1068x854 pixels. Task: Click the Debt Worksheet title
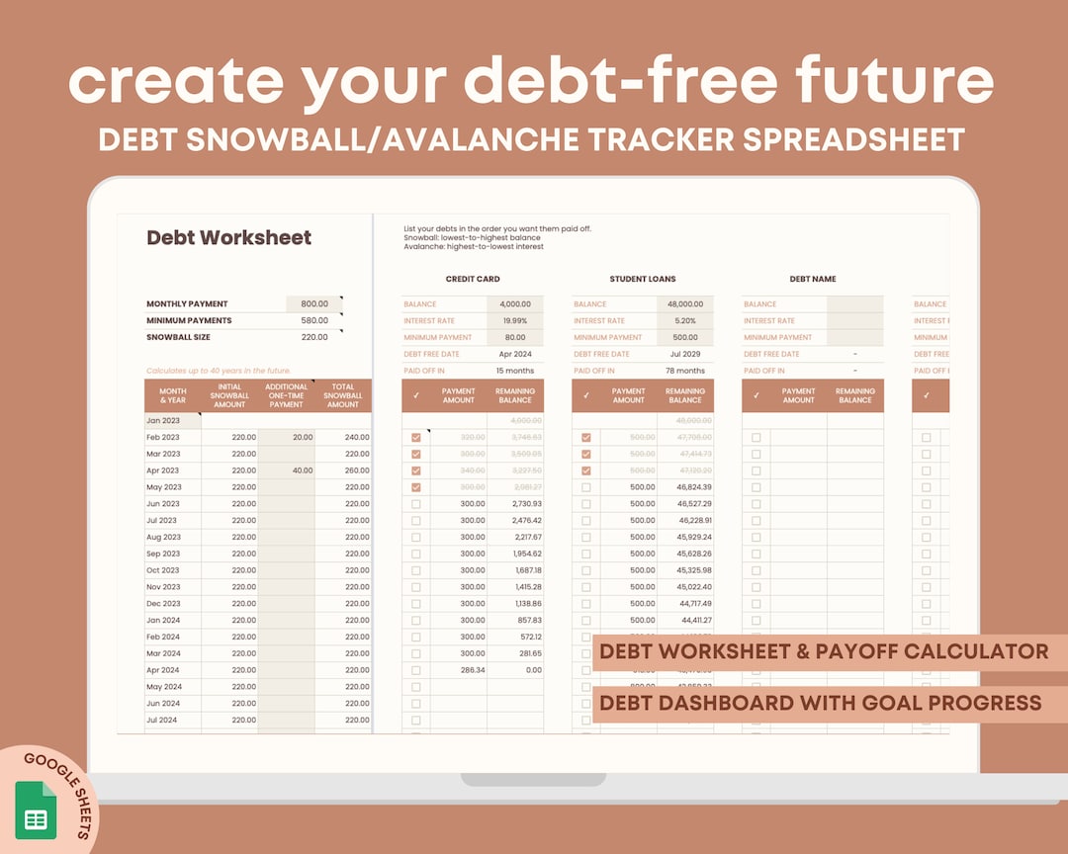pyautogui.click(x=228, y=238)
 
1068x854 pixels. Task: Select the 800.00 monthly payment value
pyautogui.click(x=313, y=304)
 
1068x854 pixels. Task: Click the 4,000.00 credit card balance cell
pyautogui.click(x=514, y=304)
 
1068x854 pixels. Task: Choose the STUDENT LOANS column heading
pyautogui.click(x=643, y=279)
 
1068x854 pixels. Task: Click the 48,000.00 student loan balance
pyautogui.click(x=684, y=304)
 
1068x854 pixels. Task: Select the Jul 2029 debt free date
pyautogui.click(x=684, y=354)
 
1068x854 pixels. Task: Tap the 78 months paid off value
pyautogui.click(x=684, y=371)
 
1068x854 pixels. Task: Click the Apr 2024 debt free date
pyautogui.click(x=514, y=354)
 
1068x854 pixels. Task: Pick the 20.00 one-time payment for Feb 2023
pyautogui.click(x=302, y=437)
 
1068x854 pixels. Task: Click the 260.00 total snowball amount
pyautogui.click(x=356, y=470)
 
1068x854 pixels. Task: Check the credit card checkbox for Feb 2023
pyautogui.click(x=415, y=437)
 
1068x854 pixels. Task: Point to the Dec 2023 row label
pyautogui.click(x=164, y=603)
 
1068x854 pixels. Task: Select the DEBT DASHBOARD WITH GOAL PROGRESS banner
pyautogui.click(x=820, y=703)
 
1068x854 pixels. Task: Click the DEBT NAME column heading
pyautogui.click(x=813, y=279)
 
